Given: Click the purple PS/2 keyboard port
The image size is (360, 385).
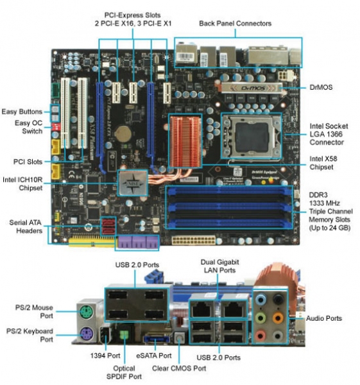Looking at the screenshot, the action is [x=87, y=334].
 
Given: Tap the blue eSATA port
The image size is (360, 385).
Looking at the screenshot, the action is [x=157, y=339].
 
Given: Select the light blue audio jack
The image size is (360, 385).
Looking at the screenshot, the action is [x=261, y=300].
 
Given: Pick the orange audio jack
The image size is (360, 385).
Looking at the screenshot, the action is [x=278, y=318].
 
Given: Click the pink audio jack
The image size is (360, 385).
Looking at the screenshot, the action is [x=261, y=335].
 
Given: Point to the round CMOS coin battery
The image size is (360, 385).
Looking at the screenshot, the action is [x=123, y=134].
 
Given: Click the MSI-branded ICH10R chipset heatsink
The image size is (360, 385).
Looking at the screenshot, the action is [x=133, y=183].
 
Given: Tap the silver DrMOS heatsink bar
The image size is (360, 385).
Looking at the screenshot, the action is [x=252, y=88].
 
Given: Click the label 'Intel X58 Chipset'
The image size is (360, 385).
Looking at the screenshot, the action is [x=323, y=163].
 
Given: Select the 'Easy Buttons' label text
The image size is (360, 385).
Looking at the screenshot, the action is [x=22, y=112].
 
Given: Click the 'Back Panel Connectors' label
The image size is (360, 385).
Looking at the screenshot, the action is [x=235, y=24].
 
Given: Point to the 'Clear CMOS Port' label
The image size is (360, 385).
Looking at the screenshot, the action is [x=179, y=368].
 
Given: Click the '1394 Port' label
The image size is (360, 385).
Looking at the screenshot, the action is [x=105, y=355].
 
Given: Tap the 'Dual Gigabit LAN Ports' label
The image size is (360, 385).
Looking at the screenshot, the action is [x=219, y=266].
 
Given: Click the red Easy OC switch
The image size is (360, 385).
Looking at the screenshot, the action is [x=56, y=127].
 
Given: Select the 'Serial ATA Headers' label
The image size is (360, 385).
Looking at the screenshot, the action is [x=26, y=227].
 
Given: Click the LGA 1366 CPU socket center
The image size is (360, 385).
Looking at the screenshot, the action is [x=252, y=136].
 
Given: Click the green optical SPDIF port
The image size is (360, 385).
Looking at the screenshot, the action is [x=124, y=334].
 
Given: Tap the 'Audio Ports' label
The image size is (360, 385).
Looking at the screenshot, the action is [x=323, y=318].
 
